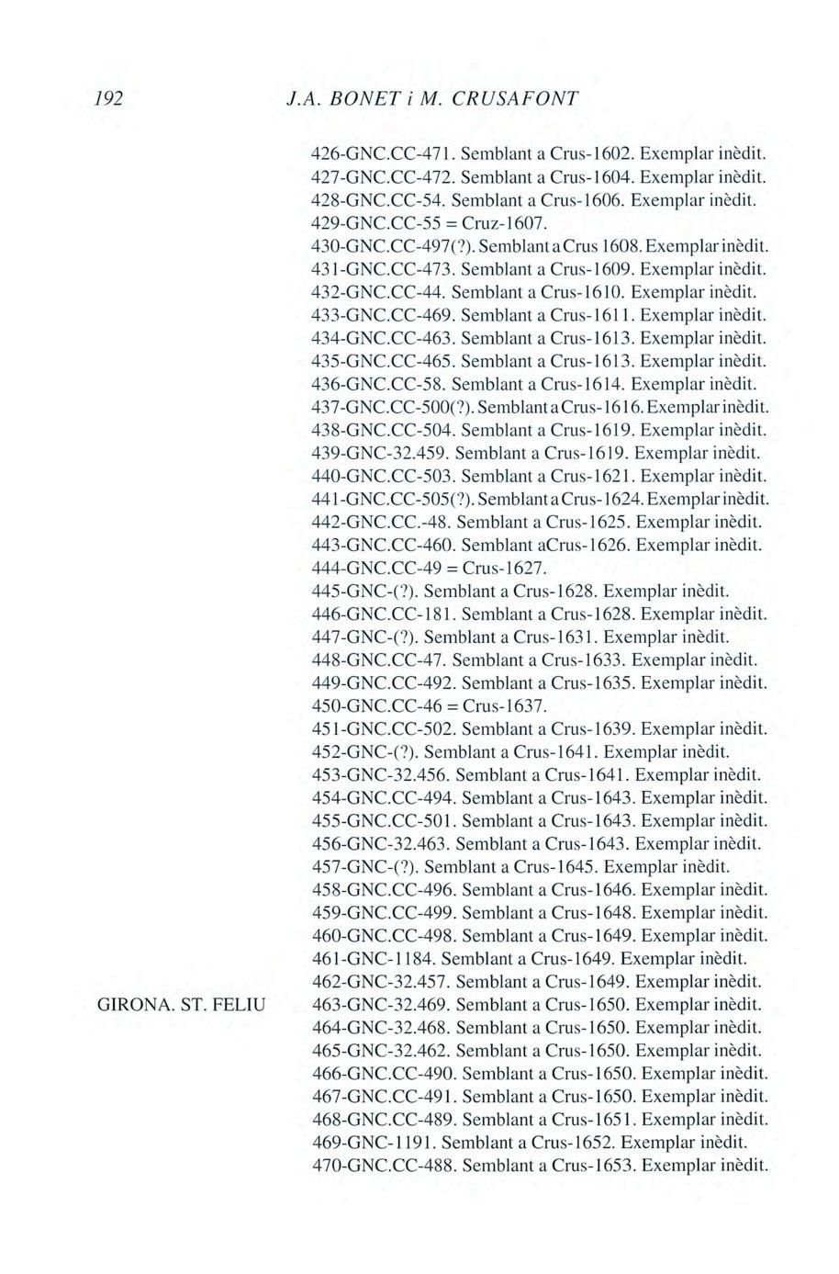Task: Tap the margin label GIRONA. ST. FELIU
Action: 181,1005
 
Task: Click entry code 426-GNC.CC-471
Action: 383,152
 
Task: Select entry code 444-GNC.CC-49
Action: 379,568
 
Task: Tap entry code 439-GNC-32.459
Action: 380,453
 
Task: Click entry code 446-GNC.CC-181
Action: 384,614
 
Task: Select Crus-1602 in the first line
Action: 592,152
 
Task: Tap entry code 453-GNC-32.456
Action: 380,775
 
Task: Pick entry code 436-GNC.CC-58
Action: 379,383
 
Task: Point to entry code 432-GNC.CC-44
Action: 379,291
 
